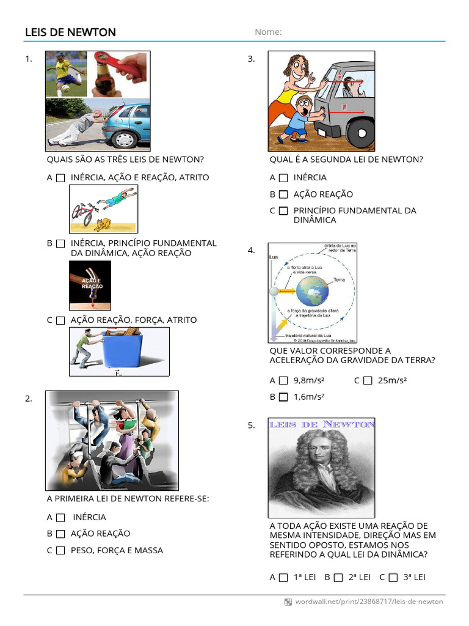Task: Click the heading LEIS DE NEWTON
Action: point(70,32)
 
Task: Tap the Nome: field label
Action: point(268,32)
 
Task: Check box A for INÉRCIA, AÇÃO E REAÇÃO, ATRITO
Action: point(60,178)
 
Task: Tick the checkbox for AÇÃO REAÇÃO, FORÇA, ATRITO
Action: point(60,320)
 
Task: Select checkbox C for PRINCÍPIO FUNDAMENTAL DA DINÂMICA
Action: point(283,211)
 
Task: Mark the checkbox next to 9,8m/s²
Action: point(283,380)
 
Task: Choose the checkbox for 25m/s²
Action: point(367,380)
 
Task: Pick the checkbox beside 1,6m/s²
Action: point(283,397)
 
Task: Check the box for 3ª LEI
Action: point(393,577)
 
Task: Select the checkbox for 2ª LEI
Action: point(338,577)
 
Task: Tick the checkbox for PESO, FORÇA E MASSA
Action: point(60,550)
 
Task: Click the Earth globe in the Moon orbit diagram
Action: point(312,291)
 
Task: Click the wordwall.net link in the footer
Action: point(369,602)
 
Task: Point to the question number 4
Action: point(251,251)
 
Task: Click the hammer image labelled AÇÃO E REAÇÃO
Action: point(90,285)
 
